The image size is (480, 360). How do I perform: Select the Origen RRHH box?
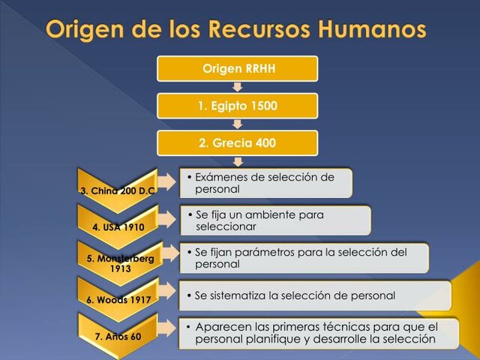coord(238,69)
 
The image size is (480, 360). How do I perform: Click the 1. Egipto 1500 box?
coord(238,106)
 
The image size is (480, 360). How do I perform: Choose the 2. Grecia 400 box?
coord(238,142)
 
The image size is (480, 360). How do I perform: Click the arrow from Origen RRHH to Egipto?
coord(238,87)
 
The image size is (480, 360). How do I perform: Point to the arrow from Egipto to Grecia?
coord(238,124)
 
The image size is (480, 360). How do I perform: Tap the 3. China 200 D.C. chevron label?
coord(117,190)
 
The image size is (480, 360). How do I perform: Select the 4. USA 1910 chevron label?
coord(117,226)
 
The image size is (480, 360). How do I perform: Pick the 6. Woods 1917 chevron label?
coord(117,300)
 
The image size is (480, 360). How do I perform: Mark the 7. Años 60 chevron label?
coord(117,336)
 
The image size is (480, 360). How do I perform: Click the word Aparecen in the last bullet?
coord(223,327)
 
